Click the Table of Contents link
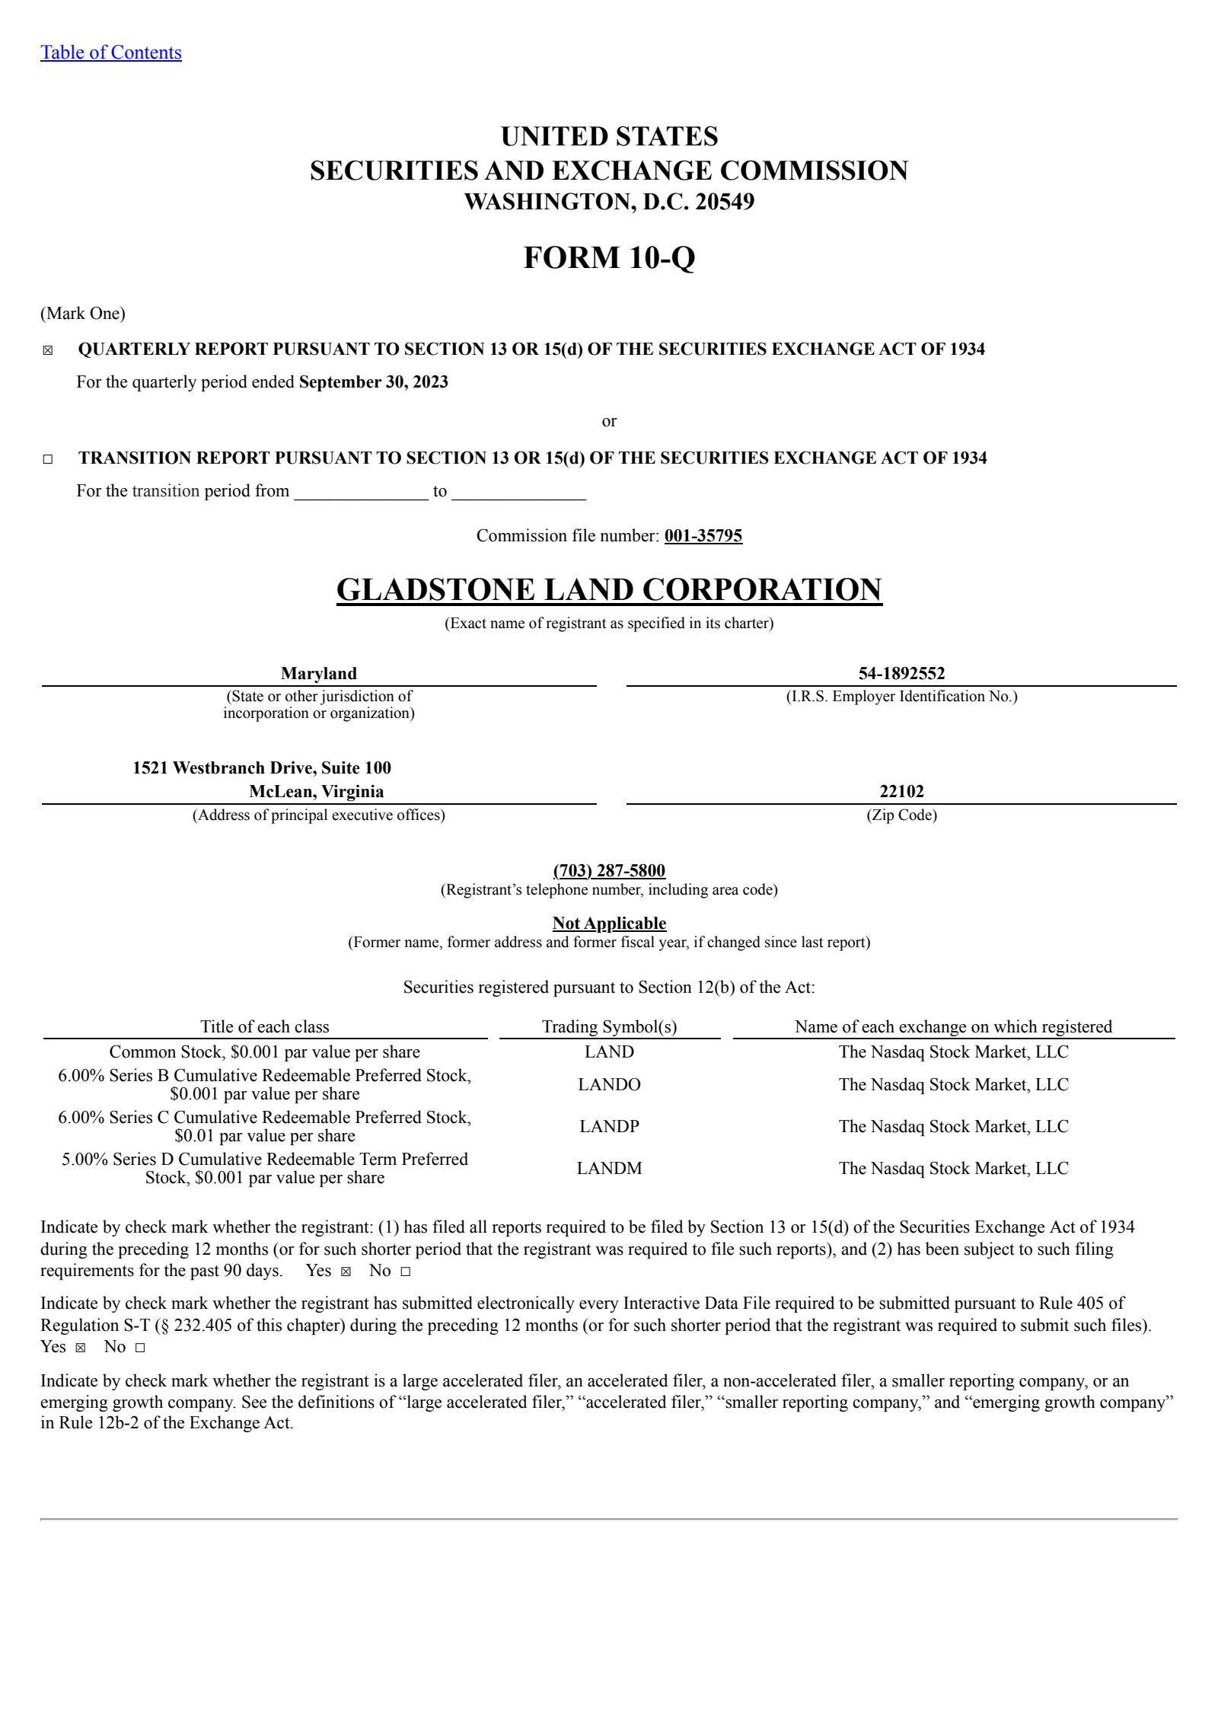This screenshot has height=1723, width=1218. tap(110, 53)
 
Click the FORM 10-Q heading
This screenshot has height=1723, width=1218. tap(609, 258)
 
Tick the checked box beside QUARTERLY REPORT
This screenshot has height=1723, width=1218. tap(48, 350)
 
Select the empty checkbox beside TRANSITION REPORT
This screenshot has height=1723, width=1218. tap(48, 459)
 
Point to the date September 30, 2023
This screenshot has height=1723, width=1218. tap(373, 382)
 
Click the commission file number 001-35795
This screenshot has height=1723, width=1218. tap(703, 536)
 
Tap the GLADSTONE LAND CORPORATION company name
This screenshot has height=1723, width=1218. tap(609, 590)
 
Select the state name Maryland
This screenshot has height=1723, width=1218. tap(318, 673)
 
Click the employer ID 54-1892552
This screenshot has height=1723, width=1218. tap(901, 673)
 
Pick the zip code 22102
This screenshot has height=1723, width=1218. tap(901, 791)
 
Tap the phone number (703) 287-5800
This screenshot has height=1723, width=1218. tap(609, 870)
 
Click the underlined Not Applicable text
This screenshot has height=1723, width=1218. tap(609, 924)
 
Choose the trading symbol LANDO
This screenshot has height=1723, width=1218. tap(609, 1084)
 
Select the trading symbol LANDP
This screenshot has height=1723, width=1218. tap(609, 1126)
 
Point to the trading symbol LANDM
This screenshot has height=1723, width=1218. tap(609, 1168)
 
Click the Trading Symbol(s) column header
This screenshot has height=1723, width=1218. tap(609, 1026)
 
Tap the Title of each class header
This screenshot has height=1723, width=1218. tap(265, 1026)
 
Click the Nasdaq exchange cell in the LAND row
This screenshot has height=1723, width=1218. tap(953, 1051)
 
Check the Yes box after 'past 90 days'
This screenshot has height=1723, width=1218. tap(346, 1272)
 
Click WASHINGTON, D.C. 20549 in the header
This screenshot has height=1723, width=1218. tap(609, 202)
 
